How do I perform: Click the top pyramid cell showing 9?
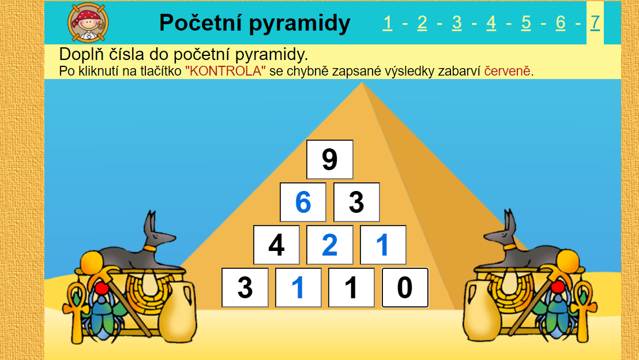tap(330, 159)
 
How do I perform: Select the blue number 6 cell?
tap(303, 202)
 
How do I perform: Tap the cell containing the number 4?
tap(276, 245)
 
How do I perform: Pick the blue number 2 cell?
tap(330, 245)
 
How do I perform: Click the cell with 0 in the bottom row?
tap(405, 288)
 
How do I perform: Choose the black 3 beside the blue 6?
tap(356, 202)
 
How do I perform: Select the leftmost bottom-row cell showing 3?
tap(245, 288)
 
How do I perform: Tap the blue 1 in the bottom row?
tap(298, 288)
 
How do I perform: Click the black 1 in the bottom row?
tap(351, 288)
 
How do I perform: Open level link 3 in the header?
tap(457, 23)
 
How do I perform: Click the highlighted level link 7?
tap(595, 23)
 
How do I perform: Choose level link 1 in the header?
tap(388, 23)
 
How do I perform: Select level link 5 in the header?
tap(526, 23)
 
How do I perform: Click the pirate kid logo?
tap(88, 22)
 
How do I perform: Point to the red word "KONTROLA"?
tap(225, 71)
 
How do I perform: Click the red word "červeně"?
tap(508, 71)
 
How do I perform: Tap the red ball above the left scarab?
tap(102, 288)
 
